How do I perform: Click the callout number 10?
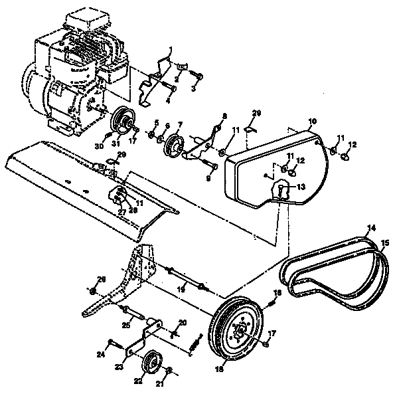pyautogui.click(x=312, y=122)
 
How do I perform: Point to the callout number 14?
pyautogui.click(x=371, y=228)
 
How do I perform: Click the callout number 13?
pyautogui.click(x=302, y=187)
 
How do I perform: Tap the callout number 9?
pyautogui.click(x=208, y=177)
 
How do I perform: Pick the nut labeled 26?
pyautogui.click(x=93, y=291)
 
